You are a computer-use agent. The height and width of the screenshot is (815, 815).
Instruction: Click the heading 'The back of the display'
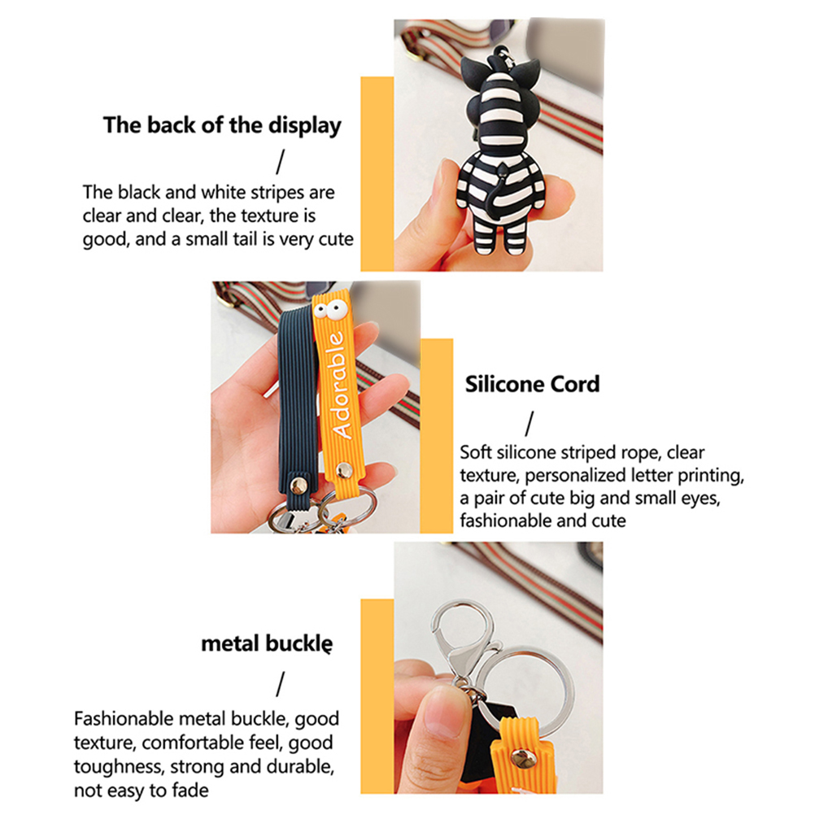222,125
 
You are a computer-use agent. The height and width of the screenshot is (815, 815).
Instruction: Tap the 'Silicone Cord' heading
532,384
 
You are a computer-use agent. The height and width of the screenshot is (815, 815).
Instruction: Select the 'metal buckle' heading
267,643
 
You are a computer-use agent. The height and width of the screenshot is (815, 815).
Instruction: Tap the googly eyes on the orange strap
330,311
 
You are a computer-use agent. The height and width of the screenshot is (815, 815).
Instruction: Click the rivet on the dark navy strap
299,486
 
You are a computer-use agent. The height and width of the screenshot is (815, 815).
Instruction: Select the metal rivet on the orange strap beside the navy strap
343,470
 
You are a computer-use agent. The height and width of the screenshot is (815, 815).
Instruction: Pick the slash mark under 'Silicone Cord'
530,424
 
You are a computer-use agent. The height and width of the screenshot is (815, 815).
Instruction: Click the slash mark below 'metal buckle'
280,684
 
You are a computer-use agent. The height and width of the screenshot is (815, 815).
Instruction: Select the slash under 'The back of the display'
280,162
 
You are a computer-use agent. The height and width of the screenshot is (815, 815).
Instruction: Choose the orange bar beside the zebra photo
377,173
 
